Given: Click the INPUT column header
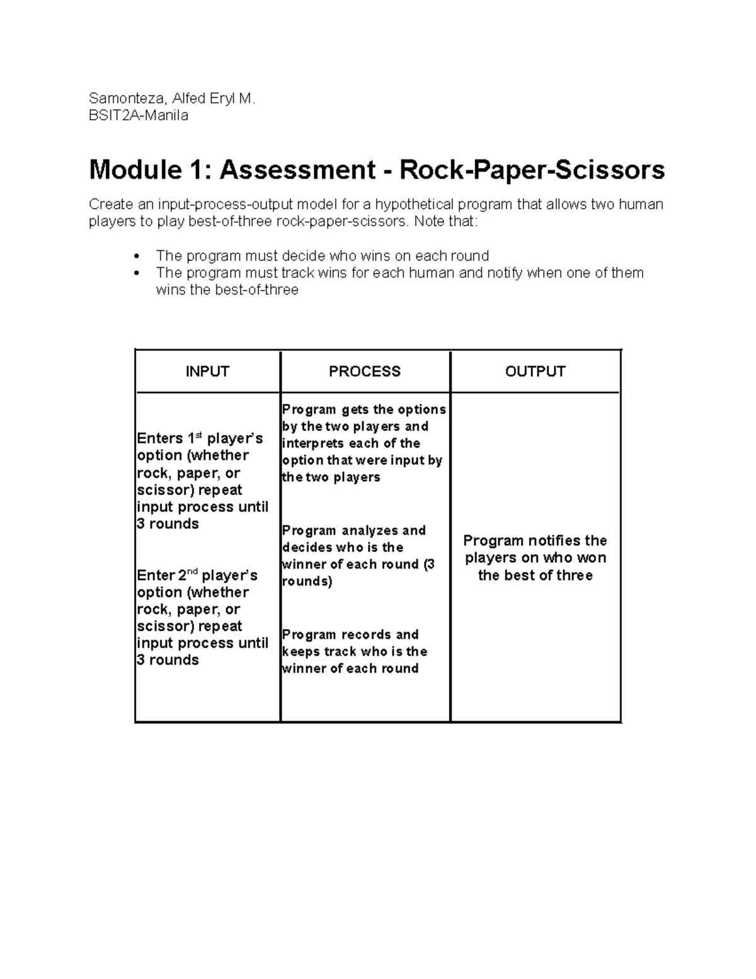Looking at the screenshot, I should tap(207, 371).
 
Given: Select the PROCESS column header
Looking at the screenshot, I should tap(364, 371).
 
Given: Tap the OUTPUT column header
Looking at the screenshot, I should tap(535, 371).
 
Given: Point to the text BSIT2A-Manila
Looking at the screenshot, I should tap(139, 115).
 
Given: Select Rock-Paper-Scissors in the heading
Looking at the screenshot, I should tap(532, 170).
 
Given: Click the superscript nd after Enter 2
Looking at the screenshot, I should tap(193, 572).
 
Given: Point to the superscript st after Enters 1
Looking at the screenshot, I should tap(198, 435).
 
